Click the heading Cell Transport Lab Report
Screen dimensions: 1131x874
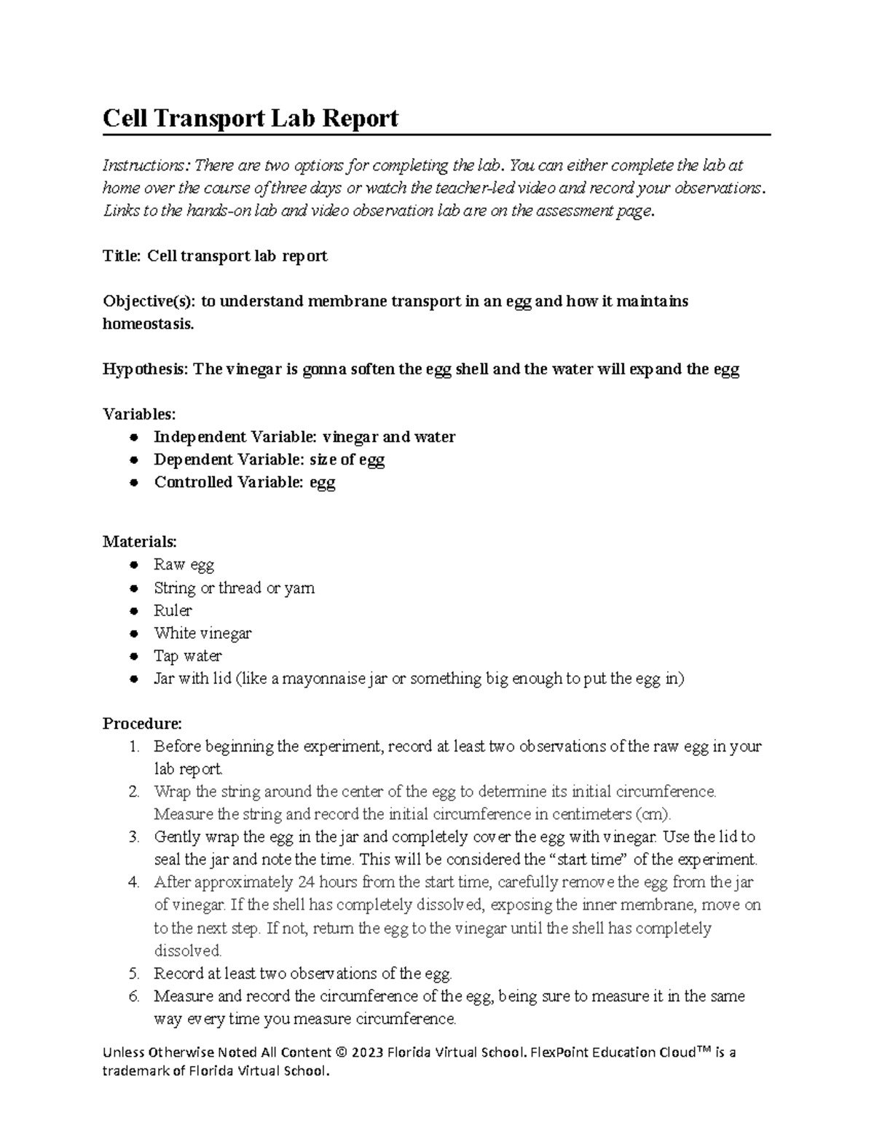click(x=250, y=118)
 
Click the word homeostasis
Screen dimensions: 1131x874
click(x=148, y=323)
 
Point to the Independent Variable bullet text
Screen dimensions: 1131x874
click(x=304, y=437)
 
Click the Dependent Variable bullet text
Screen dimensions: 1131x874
click(x=269, y=460)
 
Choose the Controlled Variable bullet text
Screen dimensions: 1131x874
click(x=244, y=482)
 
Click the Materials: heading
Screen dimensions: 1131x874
click(x=139, y=542)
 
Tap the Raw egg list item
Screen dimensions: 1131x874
click(x=184, y=564)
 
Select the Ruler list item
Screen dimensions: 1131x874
click(x=173, y=610)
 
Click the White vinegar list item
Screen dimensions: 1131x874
click(x=202, y=633)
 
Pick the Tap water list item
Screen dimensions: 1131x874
click(x=187, y=655)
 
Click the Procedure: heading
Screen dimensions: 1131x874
click(x=142, y=723)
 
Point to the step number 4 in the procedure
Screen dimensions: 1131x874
click(x=133, y=883)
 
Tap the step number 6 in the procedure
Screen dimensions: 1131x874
click(x=133, y=996)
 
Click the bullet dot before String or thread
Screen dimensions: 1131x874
click(x=133, y=588)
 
